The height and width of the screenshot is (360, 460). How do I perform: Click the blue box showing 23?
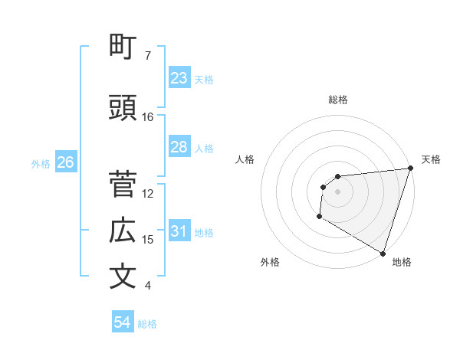179,78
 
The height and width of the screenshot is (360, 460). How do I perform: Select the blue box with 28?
179,147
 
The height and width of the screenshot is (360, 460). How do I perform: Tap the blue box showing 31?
179,231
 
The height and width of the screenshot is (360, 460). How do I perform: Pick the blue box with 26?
65,162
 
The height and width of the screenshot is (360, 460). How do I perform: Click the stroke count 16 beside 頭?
148,117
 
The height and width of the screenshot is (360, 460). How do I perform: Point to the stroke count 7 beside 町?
148,56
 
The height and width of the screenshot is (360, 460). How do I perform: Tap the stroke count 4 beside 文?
148,286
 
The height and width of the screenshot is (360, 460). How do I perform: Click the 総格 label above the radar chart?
337,100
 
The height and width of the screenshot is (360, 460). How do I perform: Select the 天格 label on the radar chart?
431,159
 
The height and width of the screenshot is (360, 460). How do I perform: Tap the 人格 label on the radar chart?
245,159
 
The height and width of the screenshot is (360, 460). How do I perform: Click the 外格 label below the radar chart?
270,262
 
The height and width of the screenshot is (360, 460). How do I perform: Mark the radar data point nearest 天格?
410,169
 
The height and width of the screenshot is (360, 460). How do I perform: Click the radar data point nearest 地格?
383,253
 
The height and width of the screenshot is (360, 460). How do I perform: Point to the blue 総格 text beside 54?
147,324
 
